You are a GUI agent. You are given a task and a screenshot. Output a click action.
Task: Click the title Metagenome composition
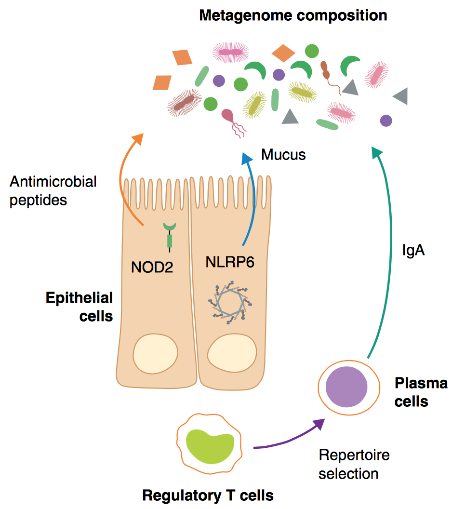click(x=293, y=15)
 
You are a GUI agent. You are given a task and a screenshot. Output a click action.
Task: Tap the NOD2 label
click(x=152, y=266)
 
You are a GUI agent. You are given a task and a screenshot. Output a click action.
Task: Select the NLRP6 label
click(x=230, y=263)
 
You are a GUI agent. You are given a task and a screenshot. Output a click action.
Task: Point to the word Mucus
click(x=283, y=155)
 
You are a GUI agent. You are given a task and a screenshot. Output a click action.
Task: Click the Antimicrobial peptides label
click(x=53, y=191)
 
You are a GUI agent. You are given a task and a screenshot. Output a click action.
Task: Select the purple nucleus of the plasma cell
click(x=346, y=387)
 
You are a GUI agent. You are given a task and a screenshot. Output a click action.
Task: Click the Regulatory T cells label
click(x=208, y=495)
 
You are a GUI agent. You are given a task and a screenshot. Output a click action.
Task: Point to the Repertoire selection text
click(x=354, y=464)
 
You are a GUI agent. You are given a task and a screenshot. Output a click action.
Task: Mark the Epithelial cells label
click(x=80, y=307)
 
